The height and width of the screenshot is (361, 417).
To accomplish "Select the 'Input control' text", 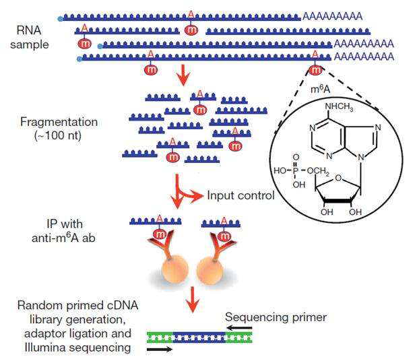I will click(240, 196).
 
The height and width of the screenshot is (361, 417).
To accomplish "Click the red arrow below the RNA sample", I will click(181, 76).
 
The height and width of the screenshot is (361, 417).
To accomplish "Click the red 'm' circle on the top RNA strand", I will click(192, 29).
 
